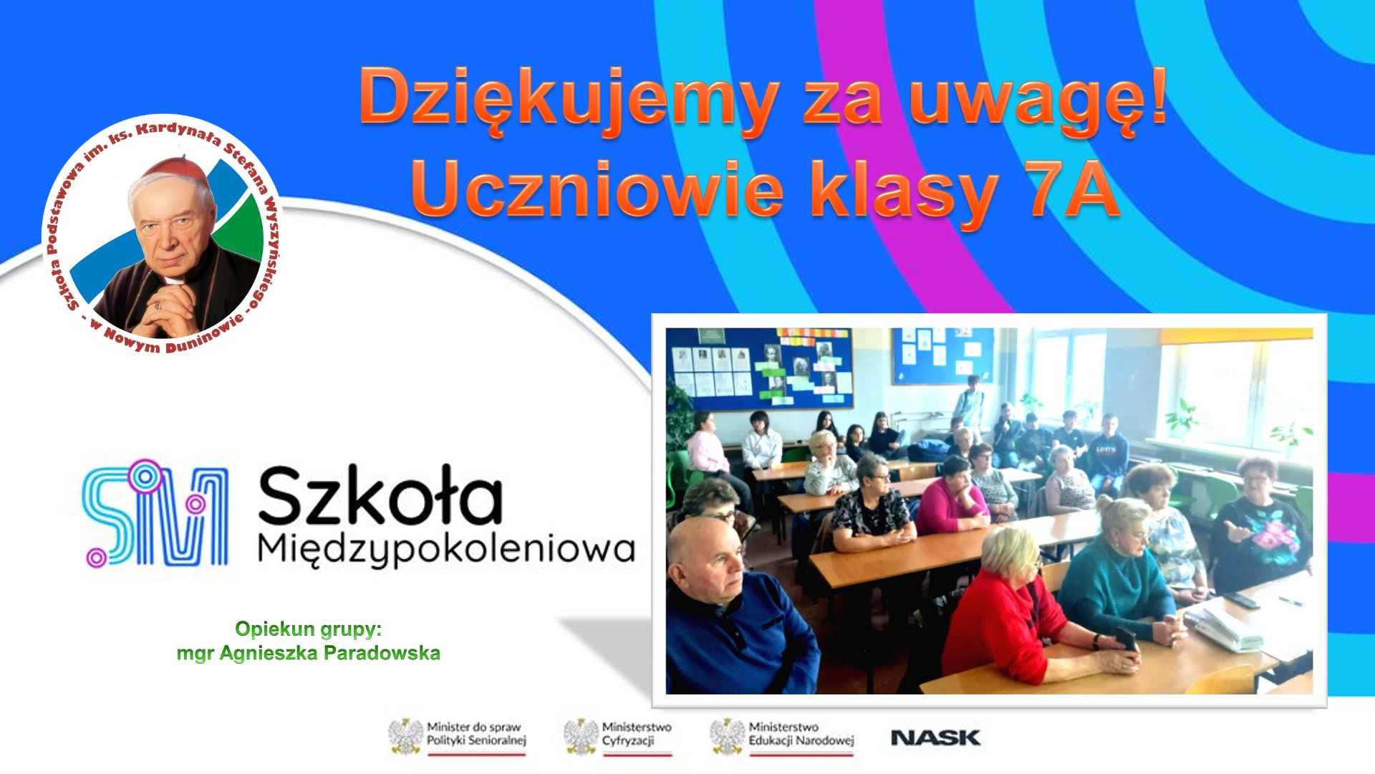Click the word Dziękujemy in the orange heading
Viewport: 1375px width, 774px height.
[x=569, y=100]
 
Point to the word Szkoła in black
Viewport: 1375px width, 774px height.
[x=380, y=495]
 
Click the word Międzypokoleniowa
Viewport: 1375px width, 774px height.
[x=446, y=550]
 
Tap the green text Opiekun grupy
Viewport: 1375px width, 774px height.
[x=309, y=629]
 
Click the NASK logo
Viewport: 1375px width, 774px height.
[x=935, y=737]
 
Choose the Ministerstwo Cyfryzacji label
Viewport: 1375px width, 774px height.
[x=637, y=734]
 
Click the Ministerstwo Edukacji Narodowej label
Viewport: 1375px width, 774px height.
[x=801, y=734]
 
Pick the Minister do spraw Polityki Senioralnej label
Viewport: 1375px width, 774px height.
[x=476, y=734]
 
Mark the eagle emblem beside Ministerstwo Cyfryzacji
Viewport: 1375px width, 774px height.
[x=580, y=736]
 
